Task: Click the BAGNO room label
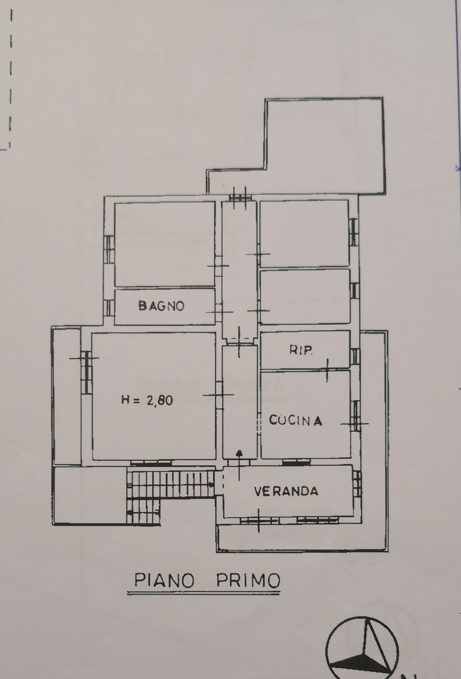tap(161, 306)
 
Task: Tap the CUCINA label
tap(295, 421)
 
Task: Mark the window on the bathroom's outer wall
tap(108, 308)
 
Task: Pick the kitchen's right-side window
tap(356, 416)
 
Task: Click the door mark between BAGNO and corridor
tap(220, 312)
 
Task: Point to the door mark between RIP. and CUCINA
tap(327, 370)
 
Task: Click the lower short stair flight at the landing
tap(144, 511)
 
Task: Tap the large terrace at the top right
tap(324, 146)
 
